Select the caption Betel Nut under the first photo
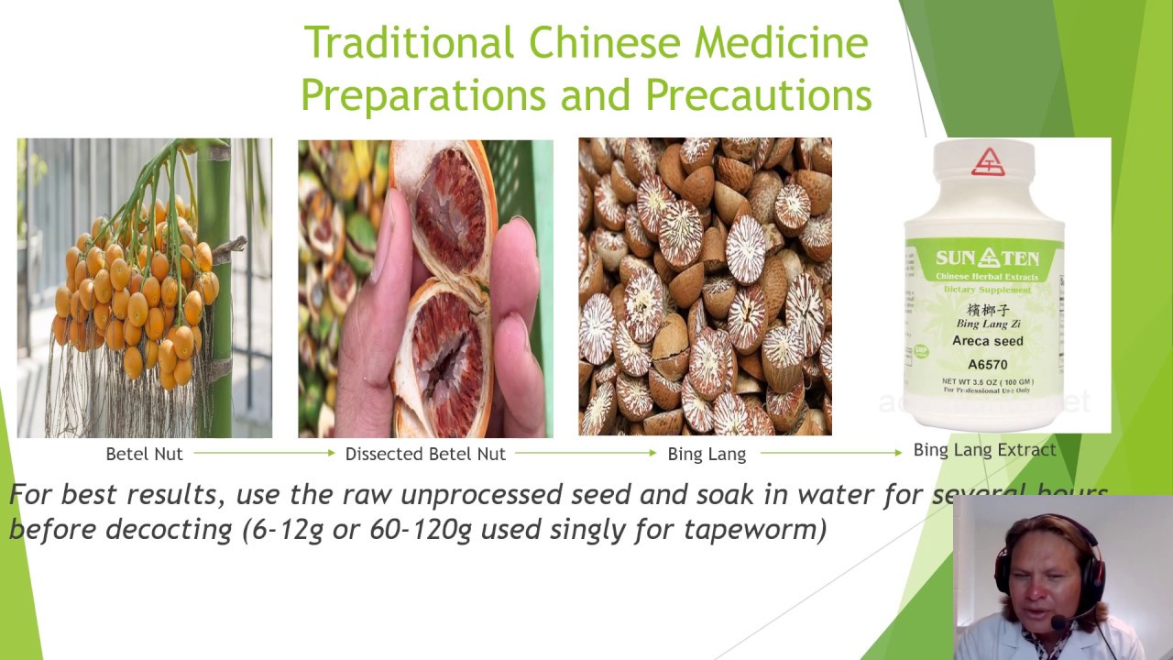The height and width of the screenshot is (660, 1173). pyautogui.click(x=144, y=454)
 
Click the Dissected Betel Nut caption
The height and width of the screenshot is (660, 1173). pyautogui.click(x=425, y=454)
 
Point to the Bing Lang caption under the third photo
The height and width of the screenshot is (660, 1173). pyautogui.click(x=707, y=454)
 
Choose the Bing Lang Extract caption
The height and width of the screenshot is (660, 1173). pyautogui.click(x=984, y=450)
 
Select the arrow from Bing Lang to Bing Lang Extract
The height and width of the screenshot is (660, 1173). pyautogui.click(x=831, y=453)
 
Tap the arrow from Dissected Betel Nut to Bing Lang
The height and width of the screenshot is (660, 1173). pyautogui.click(x=585, y=453)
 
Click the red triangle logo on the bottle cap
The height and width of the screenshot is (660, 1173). pyautogui.click(x=987, y=162)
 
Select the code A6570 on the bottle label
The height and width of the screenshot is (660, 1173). pyautogui.click(x=988, y=364)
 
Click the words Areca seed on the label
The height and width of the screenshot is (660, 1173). pyautogui.click(x=988, y=341)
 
